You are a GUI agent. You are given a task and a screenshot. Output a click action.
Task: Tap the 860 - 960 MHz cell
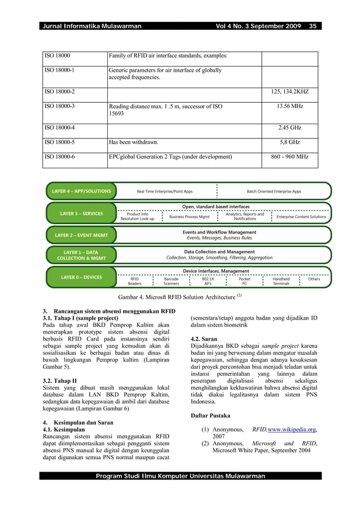click(x=289, y=156)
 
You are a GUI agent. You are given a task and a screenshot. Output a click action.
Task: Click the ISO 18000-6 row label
click(x=59, y=156)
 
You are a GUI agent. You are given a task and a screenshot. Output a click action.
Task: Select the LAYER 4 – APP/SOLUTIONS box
click(x=81, y=191)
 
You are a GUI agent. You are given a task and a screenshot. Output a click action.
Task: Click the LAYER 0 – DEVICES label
click(x=81, y=278)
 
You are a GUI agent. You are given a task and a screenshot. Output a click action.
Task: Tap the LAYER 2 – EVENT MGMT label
click(x=81, y=235)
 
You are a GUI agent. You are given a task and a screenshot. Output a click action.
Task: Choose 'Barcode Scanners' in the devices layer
click(x=171, y=281)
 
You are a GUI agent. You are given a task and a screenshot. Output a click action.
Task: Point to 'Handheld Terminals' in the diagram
click(x=280, y=281)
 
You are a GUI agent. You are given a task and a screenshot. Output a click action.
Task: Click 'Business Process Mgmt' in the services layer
click(x=189, y=217)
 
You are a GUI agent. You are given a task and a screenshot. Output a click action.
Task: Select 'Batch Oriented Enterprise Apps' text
click(x=274, y=191)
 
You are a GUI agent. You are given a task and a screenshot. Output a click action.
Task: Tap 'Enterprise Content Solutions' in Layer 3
click(x=301, y=217)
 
